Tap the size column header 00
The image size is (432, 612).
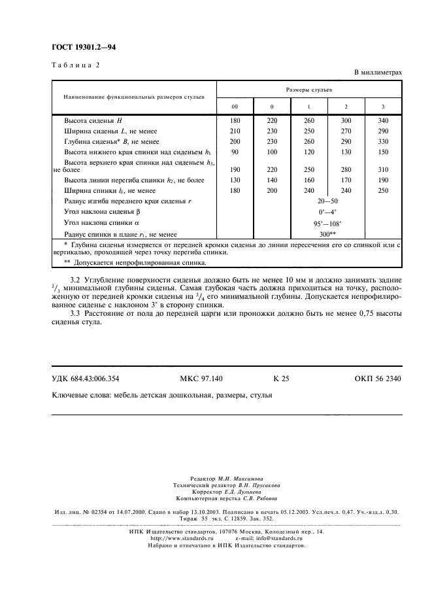(x=235, y=106)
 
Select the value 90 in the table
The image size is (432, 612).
(x=235, y=152)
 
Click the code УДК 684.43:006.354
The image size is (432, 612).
(x=85, y=379)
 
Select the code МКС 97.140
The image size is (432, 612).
(x=201, y=379)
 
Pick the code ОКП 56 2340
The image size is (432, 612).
(x=378, y=379)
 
